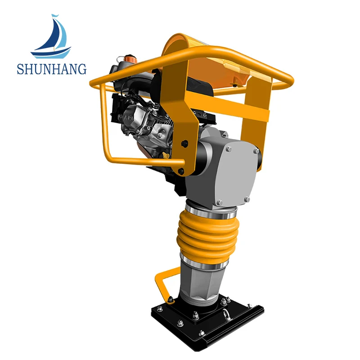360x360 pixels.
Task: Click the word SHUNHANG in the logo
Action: click(x=52, y=69)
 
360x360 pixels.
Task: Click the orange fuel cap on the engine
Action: click(x=130, y=59)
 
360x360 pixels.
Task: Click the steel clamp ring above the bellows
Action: click(x=211, y=211)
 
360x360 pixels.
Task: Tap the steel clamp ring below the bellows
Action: click(x=204, y=261)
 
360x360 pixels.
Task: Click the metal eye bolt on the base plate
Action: click(x=226, y=314)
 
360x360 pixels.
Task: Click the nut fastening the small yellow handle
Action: click(x=171, y=299)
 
